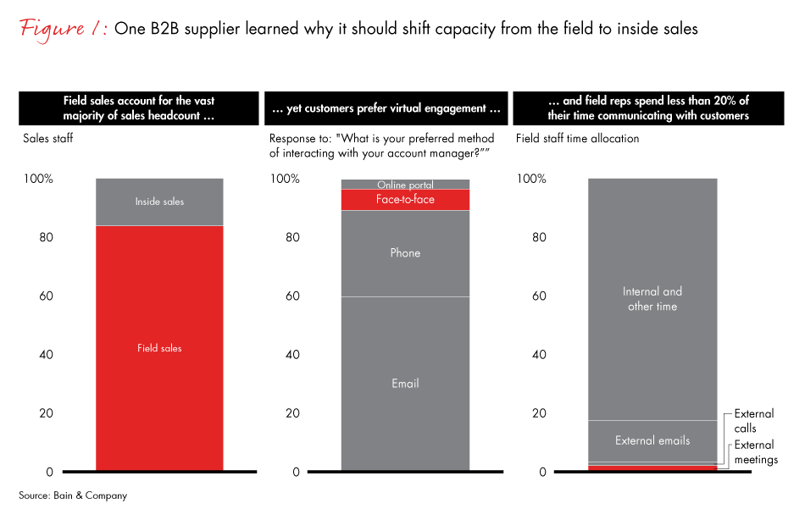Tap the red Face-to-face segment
(x=405, y=200)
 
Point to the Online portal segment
(x=405, y=184)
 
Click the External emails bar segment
(x=652, y=440)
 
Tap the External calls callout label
(x=753, y=421)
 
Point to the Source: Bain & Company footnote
(x=73, y=495)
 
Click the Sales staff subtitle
(x=47, y=138)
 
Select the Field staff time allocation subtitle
(x=577, y=138)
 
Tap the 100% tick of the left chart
(x=38, y=179)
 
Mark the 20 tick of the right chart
(x=538, y=413)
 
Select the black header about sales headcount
(x=139, y=108)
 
